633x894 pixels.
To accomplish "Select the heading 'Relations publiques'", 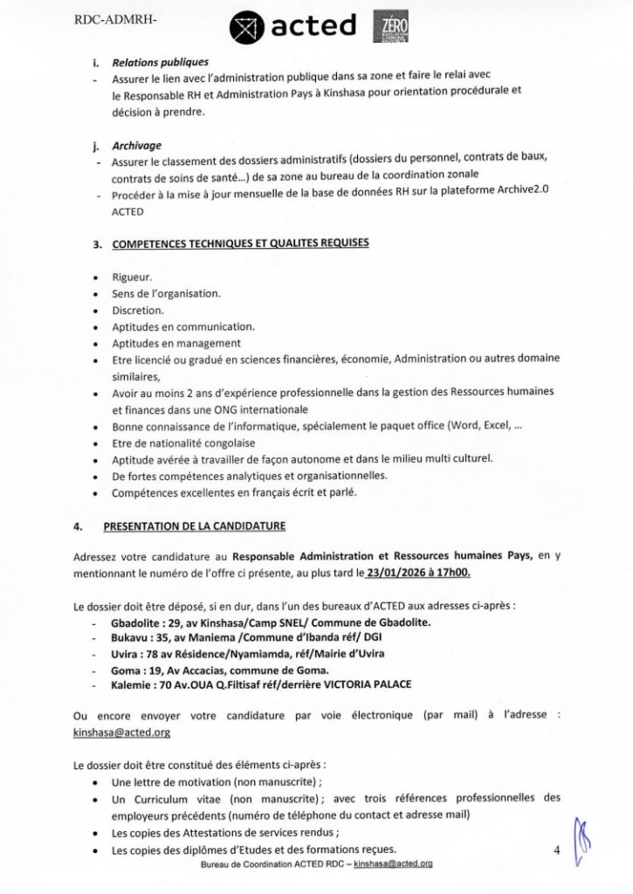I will pyautogui.click(x=160, y=63).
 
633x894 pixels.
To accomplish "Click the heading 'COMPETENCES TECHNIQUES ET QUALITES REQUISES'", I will pyautogui.click(x=240, y=243).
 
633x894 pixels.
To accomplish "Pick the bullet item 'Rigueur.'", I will pyautogui.click(x=132, y=277).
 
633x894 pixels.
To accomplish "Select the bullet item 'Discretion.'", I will pyautogui.click(x=138, y=310).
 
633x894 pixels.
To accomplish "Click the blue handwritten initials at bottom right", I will pyautogui.click(x=585, y=839).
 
